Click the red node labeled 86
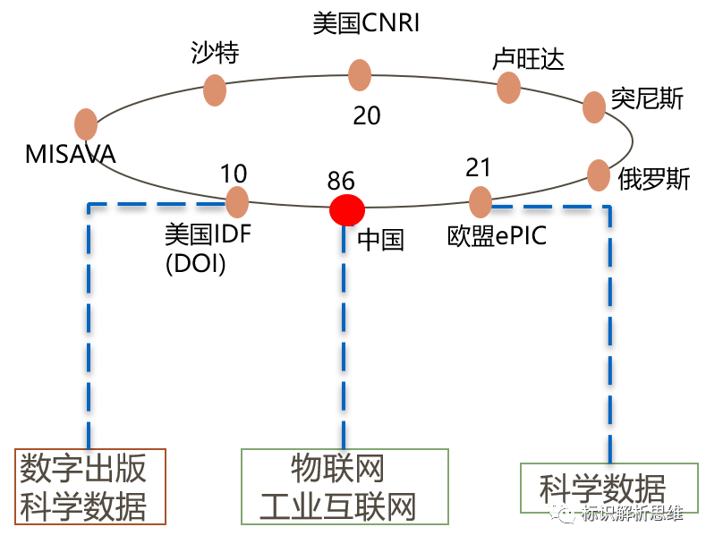point(347,210)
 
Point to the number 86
point(341,182)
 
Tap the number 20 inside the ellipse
point(367,115)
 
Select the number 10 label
point(233,173)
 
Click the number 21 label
point(479,167)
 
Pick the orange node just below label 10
point(237,202)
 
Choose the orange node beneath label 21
point(481,202)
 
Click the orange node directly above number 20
point(360,75)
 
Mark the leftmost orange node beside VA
point(86,124)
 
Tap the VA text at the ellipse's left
point(103,155)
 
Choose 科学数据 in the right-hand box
point(602,489)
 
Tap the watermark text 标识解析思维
point(631,514)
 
